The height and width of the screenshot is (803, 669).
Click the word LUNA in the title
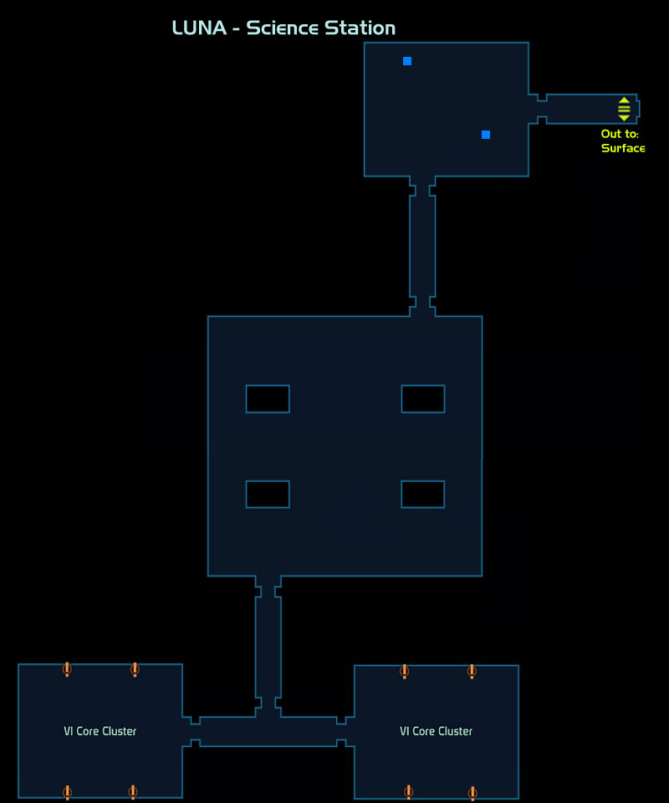pyautogui.click(x=199, y=28)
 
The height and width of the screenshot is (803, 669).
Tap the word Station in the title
pyautogui.click(x=360, y=28)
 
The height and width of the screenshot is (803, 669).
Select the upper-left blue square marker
pyautogui.click(x=407, y=61)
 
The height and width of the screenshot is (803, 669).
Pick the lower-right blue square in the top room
pyautogui.click(x=486, y=135)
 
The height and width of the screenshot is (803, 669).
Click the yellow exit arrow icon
pyautogui.click(x=624, y=109)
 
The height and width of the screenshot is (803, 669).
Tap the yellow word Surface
pyautogui.click(x=623, y=148)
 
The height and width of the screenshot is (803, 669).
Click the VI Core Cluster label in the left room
pyautogui.click(x=100, y=731)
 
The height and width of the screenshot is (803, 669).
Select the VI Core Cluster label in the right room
pyautogui.click(x=436, y=731)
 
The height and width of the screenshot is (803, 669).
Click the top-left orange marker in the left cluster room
pyautogui.click(x=67, y=669)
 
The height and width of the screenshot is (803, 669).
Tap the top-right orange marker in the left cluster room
pyautogui.click(x=135, y=669)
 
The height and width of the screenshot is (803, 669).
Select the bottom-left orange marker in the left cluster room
pyautogui.click(x=67, y=792)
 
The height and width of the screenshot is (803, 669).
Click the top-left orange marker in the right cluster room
pyautogui.click(x=405, y=671)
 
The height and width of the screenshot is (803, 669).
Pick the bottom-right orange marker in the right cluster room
pyautogui.click(x=472, y=793)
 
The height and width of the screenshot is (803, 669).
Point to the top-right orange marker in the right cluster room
pyautogui.click(x=472, y=671)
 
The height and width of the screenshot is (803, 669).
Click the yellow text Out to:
pyautogui.click(x=620, y=134)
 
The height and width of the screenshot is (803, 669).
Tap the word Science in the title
pyautogui.click(x=282, y=28)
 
